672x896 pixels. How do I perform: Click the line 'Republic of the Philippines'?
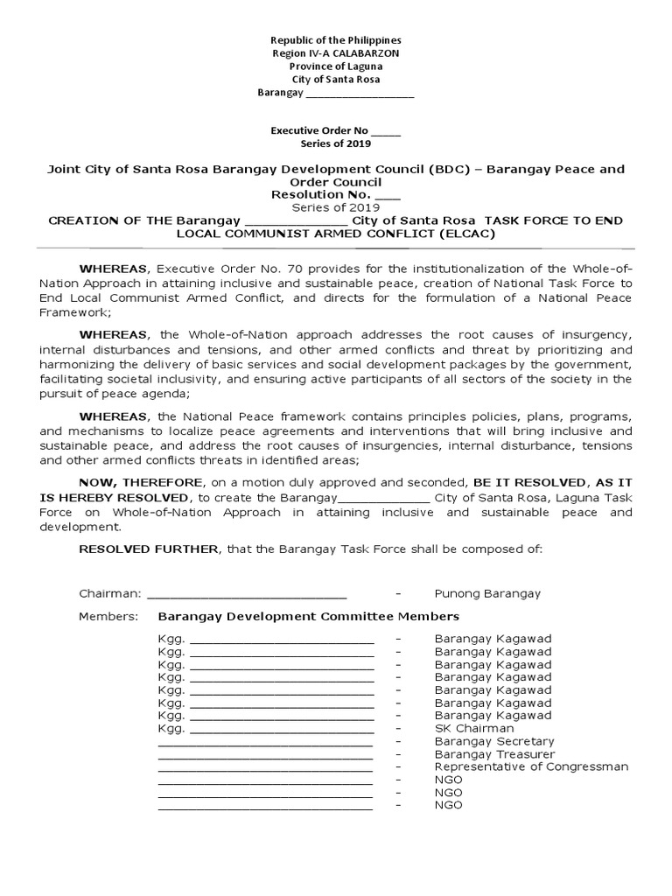(336, 40)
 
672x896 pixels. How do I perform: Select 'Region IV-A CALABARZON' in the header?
(336, 53)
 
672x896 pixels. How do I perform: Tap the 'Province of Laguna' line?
(336, 66)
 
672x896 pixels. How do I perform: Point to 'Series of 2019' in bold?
(336, 143)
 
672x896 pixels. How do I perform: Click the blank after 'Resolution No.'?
(388, 194)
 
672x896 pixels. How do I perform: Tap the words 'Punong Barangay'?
(487, 593)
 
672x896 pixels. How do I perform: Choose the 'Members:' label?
(108, 616)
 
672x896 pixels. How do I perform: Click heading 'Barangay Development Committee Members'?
(308, 616)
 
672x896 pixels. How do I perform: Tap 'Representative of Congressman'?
(531, 766)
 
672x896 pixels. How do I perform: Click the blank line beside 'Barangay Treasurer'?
(265, 755)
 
